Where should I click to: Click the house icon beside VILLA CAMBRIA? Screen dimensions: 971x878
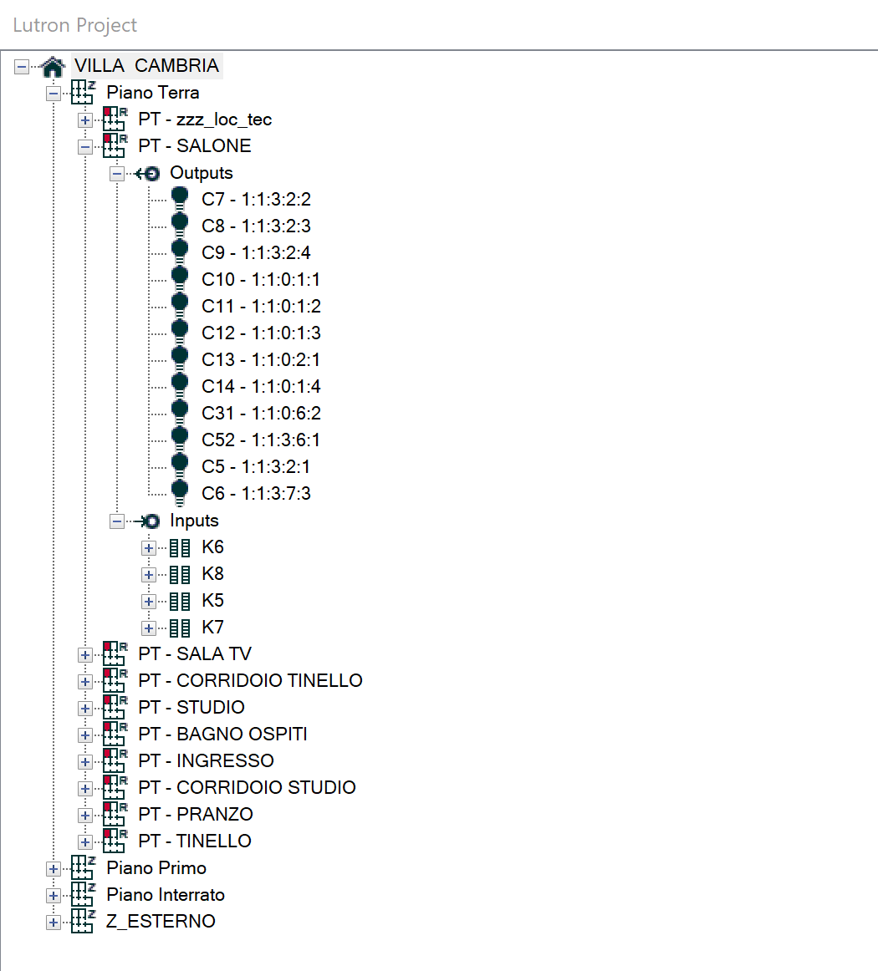(x=53, y=66)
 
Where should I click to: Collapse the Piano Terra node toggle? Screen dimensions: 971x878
(x=54, y=93)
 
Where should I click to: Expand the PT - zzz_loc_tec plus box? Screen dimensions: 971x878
(x=85, y=119)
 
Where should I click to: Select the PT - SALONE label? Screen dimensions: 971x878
(x=194, y=146)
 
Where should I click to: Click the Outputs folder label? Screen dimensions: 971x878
(x=201, y=173)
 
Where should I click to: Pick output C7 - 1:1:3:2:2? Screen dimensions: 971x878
(x=256, y=200)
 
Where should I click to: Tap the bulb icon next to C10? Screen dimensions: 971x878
(x=180, y=279)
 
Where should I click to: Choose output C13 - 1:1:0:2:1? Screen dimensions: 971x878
(x=261, y=360)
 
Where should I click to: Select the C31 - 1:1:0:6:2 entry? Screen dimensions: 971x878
(x=261, y=414)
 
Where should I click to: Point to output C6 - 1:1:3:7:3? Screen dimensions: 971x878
(x=256, y=494)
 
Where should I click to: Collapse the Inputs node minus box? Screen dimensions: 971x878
(x=117, y=521)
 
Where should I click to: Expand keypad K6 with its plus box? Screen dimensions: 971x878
(x=149, y=548)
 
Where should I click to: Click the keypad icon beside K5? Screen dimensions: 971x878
(x=180, y=602)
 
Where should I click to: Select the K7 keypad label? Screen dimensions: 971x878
(x=212, y=628)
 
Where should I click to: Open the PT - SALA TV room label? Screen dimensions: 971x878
(x=194, y=654)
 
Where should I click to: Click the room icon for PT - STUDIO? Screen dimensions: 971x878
(x=114, y=707)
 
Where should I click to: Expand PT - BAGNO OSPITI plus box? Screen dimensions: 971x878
(x=85, y=735)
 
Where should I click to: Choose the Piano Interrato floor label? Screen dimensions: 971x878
(x=166, y=895)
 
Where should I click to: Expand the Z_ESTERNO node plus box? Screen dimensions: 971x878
(x=54, y=922)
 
